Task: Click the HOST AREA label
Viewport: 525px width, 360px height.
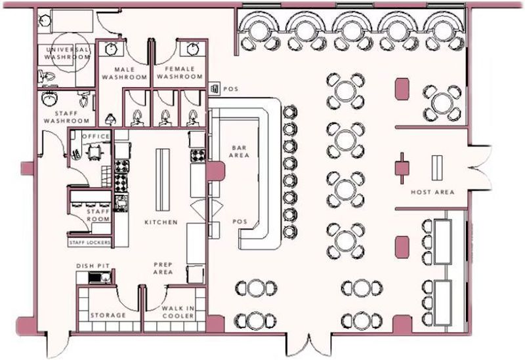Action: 432,192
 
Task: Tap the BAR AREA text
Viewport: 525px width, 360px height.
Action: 238,152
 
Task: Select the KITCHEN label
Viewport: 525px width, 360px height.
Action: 161,222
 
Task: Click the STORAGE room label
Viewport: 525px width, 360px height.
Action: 108,315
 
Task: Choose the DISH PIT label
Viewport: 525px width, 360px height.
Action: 92,266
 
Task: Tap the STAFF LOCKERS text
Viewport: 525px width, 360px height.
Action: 90,243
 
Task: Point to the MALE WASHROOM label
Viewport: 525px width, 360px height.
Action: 129,73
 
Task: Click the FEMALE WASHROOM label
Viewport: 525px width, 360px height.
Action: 178,73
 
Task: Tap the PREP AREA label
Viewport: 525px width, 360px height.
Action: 163,268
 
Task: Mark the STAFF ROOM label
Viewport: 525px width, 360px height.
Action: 98,215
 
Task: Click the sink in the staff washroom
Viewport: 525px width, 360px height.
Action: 49,100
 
